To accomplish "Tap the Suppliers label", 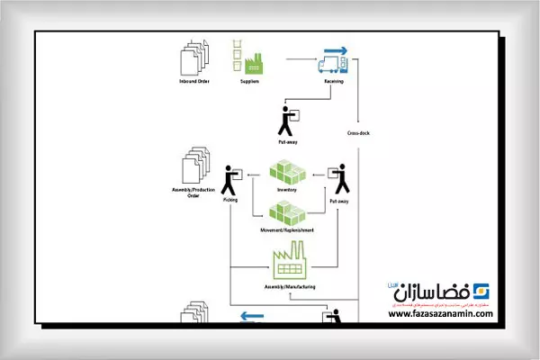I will pos(250,82).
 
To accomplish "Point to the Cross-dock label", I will pos(359,132).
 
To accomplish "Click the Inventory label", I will pos(288,190).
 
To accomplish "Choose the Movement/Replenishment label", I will pos(288,230).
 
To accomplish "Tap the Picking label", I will pos(230,199).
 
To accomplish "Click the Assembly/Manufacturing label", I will pos(289,286).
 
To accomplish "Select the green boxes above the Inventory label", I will pos(288,172).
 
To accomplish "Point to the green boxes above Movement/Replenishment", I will pos(288,213).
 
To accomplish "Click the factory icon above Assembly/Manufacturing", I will pos(289,265).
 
